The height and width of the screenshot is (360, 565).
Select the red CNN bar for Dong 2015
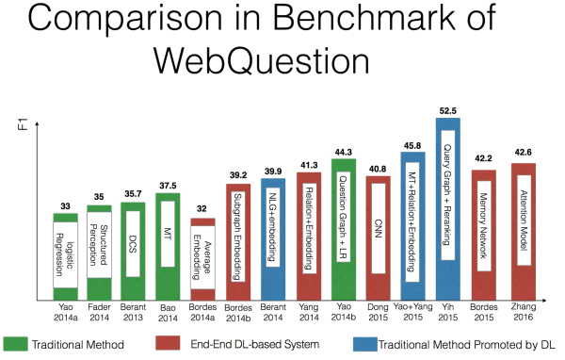[377, 236]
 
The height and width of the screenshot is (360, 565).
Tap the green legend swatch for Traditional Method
[21, 344]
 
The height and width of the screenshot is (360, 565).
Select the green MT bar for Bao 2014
[168, 246]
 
